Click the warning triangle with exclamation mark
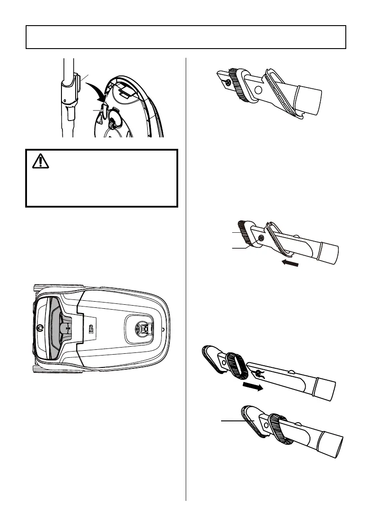coord(40,162)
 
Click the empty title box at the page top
coord(185,37)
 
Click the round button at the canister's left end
coord(40,328)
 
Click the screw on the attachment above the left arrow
coord(261,238)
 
